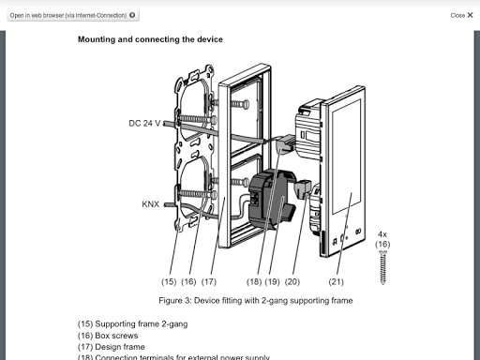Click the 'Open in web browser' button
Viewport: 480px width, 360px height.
[x=73, y=15]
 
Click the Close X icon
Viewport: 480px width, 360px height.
[x=470, y=15]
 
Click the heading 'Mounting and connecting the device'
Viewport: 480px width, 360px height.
[x=150, y=39]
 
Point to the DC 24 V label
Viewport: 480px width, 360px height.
[x=144, y=123]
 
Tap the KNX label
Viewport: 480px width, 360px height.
[x=151, y=204]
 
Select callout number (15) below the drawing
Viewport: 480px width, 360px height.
[x=169, y=281]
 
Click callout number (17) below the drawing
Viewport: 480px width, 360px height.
[x=209, y=281]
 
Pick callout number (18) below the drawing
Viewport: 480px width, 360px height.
[x=254, y=281]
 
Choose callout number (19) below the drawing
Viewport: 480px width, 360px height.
[x=272, y=281]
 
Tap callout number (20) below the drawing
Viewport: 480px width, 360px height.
[x=292, y=281]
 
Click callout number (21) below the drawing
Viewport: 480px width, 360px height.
[x=336, y=281]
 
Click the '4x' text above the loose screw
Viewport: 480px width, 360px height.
[x=382, y=234]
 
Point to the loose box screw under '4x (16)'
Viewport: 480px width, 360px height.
[x=382, y=268]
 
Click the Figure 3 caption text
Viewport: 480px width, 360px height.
[x=256, y=300]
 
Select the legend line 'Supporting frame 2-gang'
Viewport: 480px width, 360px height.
[x=132, y=323]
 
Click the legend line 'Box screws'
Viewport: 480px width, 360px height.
[x=108, y=336]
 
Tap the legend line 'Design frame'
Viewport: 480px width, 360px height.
[x=112, y=347]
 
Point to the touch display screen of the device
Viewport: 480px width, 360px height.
[x=346, y=157]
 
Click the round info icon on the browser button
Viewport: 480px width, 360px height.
[x=132, y=15]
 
